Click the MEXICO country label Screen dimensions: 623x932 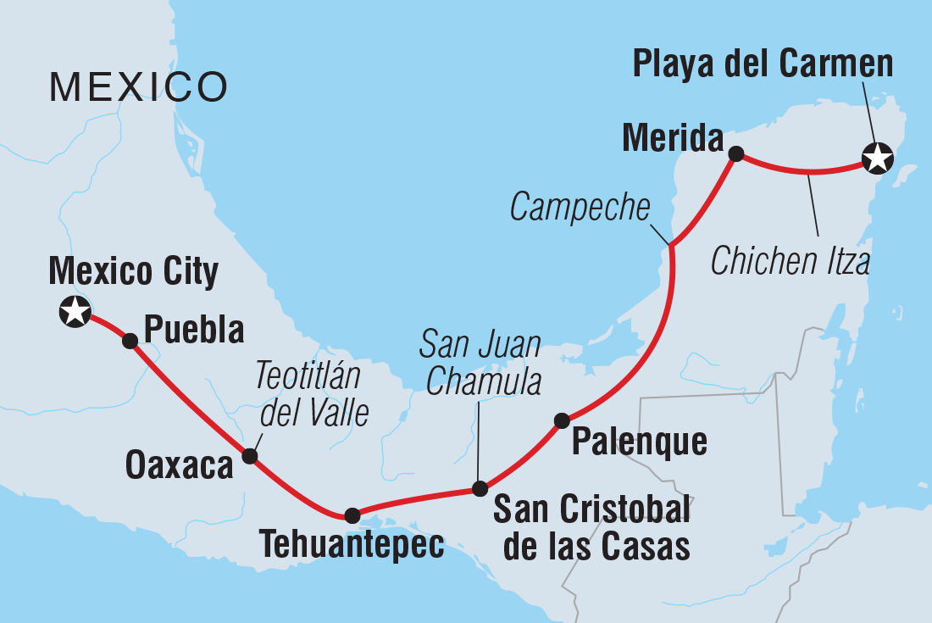point(138,87)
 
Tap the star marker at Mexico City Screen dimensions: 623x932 point(75,312)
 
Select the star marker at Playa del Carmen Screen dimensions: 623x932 point(877,158)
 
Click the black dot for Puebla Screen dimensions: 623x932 point(130,341)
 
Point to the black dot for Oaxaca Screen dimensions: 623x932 point(249,456)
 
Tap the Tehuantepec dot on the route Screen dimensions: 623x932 point(352,515)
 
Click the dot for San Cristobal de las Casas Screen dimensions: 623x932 point(480,488)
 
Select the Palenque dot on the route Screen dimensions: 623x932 point(562,420)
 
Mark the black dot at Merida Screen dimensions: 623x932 point(736,153)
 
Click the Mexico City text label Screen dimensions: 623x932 point(134,272)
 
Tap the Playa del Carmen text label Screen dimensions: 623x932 point(763,64)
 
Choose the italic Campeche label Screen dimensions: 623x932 point(580,208)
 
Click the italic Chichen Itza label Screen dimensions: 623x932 point(790,262)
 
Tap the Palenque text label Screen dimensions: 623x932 point(639,442)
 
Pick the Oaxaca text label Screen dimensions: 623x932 point(179,465)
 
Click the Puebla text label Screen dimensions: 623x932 point(194,329)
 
